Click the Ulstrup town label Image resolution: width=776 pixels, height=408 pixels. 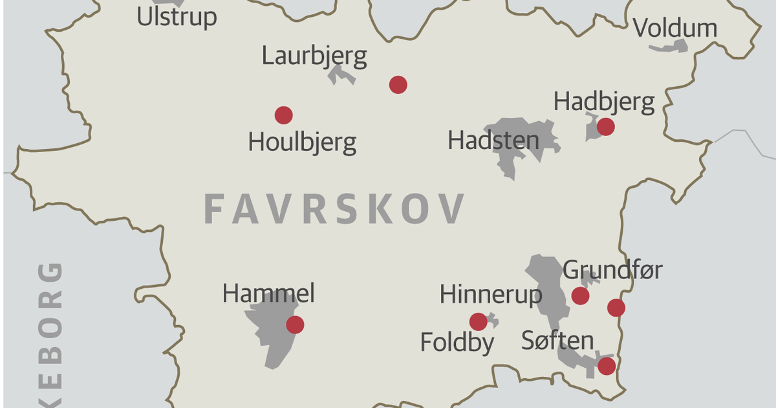click(x=177, y=17)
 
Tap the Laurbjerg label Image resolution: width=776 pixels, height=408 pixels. click(x=314, y=56)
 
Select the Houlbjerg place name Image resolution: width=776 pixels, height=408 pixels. click(x=302, y=142)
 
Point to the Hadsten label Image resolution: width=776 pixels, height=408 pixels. click(x=493, y=141)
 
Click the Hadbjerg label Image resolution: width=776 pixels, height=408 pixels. click(x=604, y=102)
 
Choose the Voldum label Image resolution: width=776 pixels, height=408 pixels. click(x=675, y=28)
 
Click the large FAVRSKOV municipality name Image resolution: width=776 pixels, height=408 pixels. click(x=334, y=209)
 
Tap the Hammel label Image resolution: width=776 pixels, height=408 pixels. click(x=268, y=294)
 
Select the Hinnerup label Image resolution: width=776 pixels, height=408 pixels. click(x=491, y=295)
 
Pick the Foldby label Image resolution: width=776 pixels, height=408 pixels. click(x=457, y=342)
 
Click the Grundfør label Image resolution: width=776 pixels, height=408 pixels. click(x=612, y=270)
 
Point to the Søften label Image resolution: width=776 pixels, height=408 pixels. click(x=557, y=341)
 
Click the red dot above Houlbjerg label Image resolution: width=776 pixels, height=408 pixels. click(x=283, y=115)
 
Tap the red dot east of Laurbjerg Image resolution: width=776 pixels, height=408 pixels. click(x=398, y=84)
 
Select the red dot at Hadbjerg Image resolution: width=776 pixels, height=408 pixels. click(x=605, y=126)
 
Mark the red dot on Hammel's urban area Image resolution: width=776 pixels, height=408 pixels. click(x=295, y=324)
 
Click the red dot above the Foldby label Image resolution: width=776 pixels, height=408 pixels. click(x=478, y=321)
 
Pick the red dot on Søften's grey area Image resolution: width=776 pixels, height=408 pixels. click(x=606, y=367)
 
